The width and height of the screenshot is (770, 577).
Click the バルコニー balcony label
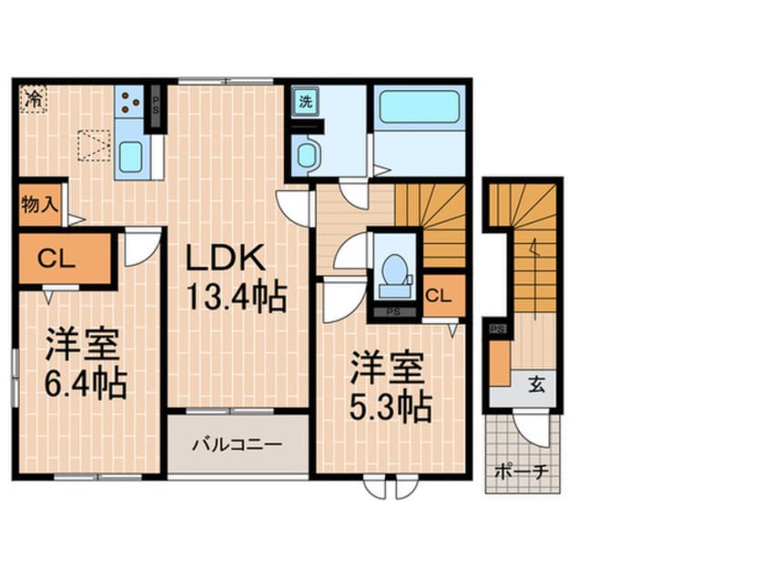click(x=237, y=445)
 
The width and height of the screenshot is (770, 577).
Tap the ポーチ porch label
click(x=521, y=472)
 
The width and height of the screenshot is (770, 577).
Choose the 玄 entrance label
click(x=537, y=385)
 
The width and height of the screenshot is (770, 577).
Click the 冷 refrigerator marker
click(x=34, y=97)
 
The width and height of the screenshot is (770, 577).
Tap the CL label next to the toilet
click(x=438, y=295)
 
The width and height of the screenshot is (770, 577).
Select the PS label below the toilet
click(x=393, y=311)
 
